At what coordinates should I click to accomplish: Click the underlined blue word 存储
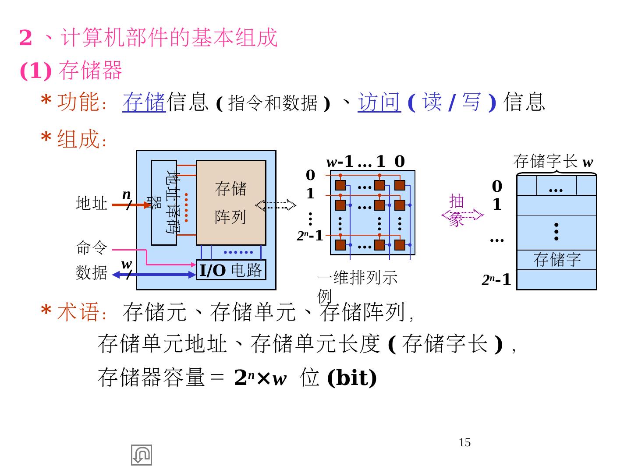pyautogui.click(x=144, y=102)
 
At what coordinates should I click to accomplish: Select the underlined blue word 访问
pyautogui.click(x=379, y=102)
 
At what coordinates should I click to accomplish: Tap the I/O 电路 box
pyautogui.click(x=231, y=270)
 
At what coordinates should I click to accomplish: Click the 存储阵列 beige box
pyautogui.click(x=230, y=202)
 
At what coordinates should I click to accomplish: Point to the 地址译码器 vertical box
pyautogui.click(x=164, y=202)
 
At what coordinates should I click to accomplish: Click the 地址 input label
pyautogui.click(x=92, y=204)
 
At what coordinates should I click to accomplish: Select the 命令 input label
pyautogui.click(x=92, y=248)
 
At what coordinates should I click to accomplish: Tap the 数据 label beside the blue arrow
pyautogui.click(x=92, y=273)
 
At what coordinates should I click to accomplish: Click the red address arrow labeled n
pyautogui.click(x=131, y=205)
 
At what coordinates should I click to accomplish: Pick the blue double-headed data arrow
pyautogui.click(x=153, y=275)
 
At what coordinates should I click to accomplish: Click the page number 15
pyautogui.click(x=464, y=443)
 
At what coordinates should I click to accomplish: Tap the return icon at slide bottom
pyautogui.click(x=142, y=455)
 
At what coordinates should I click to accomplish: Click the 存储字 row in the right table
pyautogui.click(x=557, y=260)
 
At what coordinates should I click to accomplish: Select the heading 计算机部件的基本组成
pyautogui.click(x=169, y=38)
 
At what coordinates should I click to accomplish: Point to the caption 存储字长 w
pyautogui.click(x=553, y=162)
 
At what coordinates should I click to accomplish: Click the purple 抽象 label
pyautogui.click(x=457, y=210)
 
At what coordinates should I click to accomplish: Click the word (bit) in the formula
pyautogui.click(x=352, y=378)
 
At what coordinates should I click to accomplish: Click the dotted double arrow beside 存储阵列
pyautogui.click(x=276, y=205)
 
